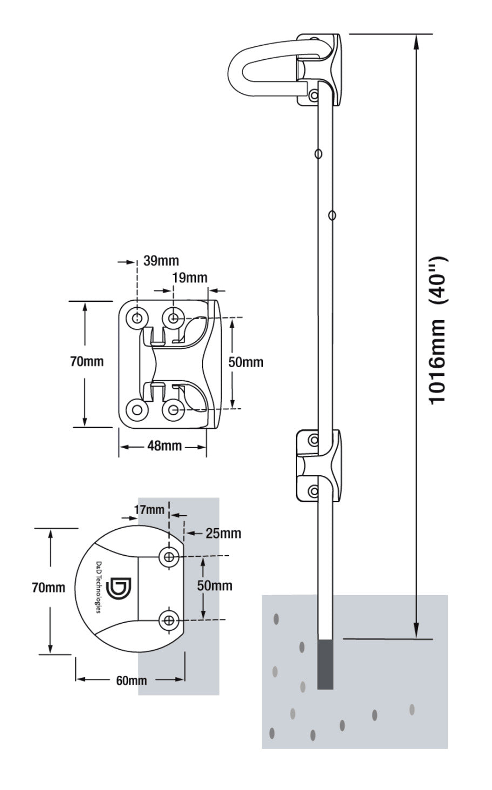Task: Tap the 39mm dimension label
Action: [161, 261]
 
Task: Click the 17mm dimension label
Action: [149, 509]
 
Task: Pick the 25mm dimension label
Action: [223, 534]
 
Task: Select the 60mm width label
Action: [131, 680]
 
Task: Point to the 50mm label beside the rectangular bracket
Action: [246, 362]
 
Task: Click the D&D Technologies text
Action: [99, 586]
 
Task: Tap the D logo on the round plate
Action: [119, 589]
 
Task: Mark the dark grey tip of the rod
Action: [325, 664]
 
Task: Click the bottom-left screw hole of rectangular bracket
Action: [137, 410]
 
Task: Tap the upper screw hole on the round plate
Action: [170, 557]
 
